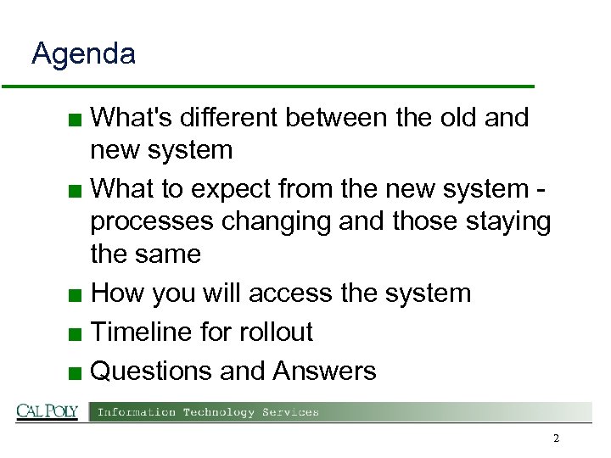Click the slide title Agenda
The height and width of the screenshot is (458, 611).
(x=83, y=55)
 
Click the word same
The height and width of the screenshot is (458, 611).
(x=170, y=254)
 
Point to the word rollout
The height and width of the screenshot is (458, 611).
(x=272, y=332)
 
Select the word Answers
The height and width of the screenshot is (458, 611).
(x=324, y=371)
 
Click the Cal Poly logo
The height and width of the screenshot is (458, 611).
(x=47, y=412)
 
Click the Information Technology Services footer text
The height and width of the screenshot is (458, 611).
(x=208, y=413)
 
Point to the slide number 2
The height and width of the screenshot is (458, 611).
(x=556, y=438)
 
